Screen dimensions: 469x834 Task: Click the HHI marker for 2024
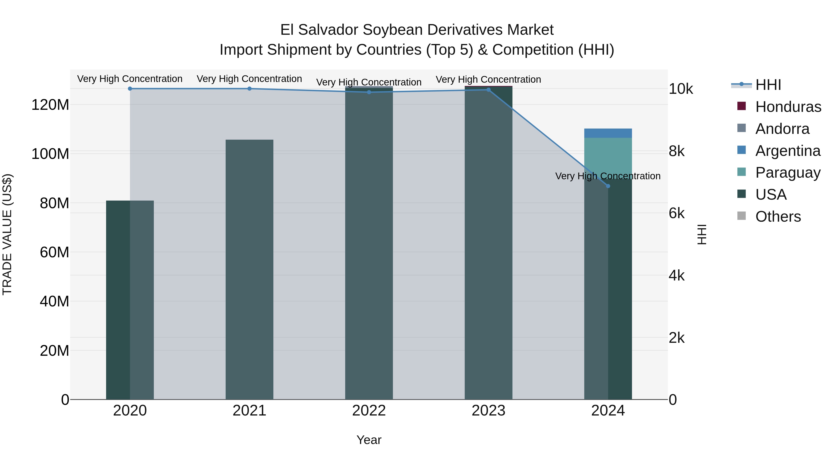608,186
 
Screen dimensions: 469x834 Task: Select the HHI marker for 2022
369,92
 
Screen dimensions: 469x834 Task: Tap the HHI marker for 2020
130,89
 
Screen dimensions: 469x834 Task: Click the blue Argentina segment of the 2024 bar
608,133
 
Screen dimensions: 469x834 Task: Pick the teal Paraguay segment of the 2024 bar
608,155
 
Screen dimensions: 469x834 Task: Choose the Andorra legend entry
782,129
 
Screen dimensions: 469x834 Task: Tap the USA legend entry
771,195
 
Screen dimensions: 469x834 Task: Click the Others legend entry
778,217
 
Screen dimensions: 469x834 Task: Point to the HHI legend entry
768,85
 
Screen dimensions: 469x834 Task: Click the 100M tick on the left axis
50,154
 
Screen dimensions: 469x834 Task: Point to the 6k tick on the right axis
677,213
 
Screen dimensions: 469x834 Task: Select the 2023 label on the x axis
488,411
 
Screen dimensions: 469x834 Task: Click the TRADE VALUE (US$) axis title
7,234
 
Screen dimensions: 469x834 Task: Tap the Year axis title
369,440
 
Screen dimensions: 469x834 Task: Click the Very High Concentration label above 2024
608,176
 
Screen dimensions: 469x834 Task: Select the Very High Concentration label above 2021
249,79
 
